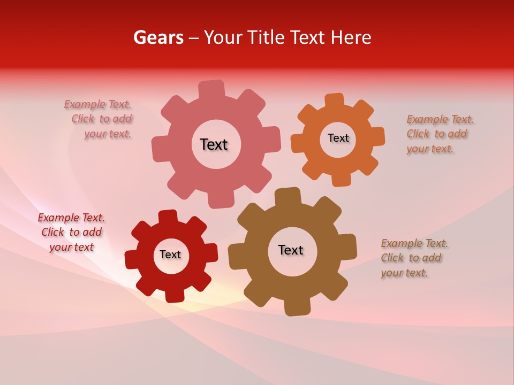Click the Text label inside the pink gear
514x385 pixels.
coord(214,144)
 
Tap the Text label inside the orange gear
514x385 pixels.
coord(338,138)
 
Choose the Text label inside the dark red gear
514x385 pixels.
coord(170,255)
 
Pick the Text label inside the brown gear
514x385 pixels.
coord(291,250)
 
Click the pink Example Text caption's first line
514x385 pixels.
coord(97,105)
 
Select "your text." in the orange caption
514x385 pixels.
coord(429,149)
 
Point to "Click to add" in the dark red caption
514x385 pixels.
coord(72,232)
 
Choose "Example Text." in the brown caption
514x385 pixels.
coord(414,243)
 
